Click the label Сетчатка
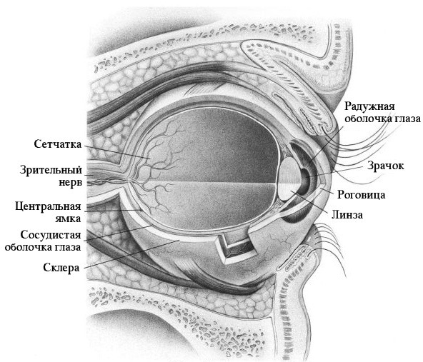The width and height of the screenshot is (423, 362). click(x=58, y=144)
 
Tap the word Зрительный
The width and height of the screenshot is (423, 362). click(x=51, y=170)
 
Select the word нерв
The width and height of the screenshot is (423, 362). click(x=71, y=183)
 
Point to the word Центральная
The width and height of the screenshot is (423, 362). click(x=48, y=207)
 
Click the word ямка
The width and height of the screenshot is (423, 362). click(x=68, y=218)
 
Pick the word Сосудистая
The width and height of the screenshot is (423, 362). click(x=51, y=235)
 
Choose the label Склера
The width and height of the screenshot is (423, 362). click(x=61, y=268)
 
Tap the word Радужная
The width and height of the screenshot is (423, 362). click(x=369, y=106)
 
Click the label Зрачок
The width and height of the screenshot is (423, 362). click(x=386, y=166)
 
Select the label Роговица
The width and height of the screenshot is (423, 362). click(x=362, y=195)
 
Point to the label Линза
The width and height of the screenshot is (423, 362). click(x=347, y=215)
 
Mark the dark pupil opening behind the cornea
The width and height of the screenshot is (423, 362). click(x=306, y=180)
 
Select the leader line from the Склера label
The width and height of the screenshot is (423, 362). click(x=131, y=254)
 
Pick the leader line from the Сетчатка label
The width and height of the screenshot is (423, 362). click(x=116, y=152)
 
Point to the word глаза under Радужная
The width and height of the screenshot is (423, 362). click(x=407, y=119)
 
